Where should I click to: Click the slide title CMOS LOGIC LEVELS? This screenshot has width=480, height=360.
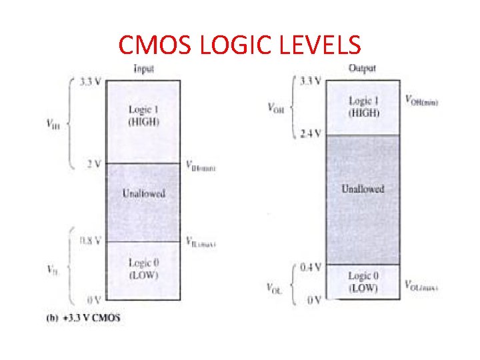(x=239, y=45)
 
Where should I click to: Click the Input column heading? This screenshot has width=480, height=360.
(x=144, y=69)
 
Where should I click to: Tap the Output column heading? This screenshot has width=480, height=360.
(x=362, y=67)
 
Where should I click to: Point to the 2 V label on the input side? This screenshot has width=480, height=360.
(x=93, y=163)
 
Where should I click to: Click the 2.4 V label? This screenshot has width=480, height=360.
(x=311, y=133)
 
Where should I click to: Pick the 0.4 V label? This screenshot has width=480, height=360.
(x=310, y=267)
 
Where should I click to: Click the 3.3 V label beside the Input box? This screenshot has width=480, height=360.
(x=91, y=83)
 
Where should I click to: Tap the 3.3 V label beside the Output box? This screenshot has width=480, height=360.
(x=311, y=81)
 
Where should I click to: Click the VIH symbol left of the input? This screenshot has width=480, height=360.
(x=53, y=123)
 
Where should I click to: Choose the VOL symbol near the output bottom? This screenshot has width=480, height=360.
(x=274, y=288)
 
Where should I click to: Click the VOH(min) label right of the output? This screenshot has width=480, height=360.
(x=421, y=99)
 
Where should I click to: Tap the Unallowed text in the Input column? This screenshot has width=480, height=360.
(x=143, y=193)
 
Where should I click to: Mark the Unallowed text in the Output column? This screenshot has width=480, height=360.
(x=363, y=189)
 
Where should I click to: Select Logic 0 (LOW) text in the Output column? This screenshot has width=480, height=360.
(x=363, y=282)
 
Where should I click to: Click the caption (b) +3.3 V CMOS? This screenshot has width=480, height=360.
(x=83, y=317)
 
